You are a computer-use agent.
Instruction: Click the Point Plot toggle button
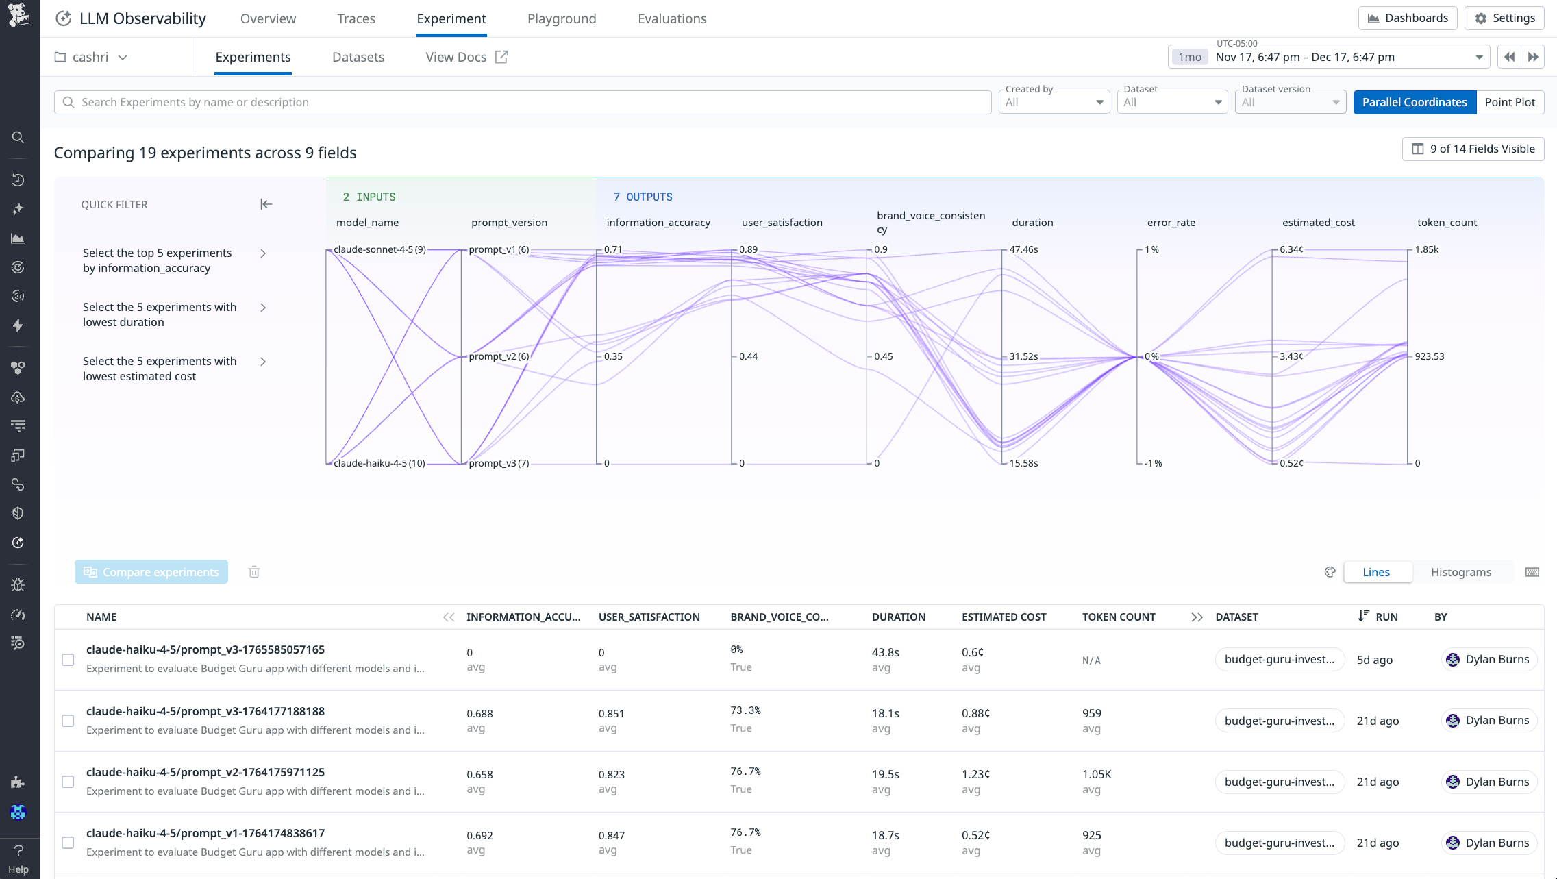[1509, 102]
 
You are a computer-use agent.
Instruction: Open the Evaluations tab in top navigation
[671, 18]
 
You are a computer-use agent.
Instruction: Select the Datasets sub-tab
[358, 57]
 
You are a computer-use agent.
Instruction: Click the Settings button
[1504, 18]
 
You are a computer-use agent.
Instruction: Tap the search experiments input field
[521, 102]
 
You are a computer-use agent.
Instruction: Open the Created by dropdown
[1054, 102]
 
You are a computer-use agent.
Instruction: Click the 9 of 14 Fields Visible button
[1473, 149]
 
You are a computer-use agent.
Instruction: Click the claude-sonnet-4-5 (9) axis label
[379, 249]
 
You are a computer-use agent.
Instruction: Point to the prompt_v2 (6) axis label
[499, 356]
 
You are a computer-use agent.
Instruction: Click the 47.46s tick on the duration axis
[1023, 249]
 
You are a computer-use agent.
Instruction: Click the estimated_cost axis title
[1318, 222]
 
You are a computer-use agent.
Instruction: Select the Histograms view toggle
[1460, 572]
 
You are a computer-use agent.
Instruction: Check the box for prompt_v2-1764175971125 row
[68, 782]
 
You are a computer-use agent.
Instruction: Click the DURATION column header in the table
[898, 617]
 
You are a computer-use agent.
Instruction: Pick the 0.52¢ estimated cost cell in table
[975, 835]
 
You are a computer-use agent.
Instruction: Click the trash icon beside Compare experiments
[254, 572]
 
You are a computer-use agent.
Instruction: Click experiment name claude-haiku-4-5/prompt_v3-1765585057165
[205, 649]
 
